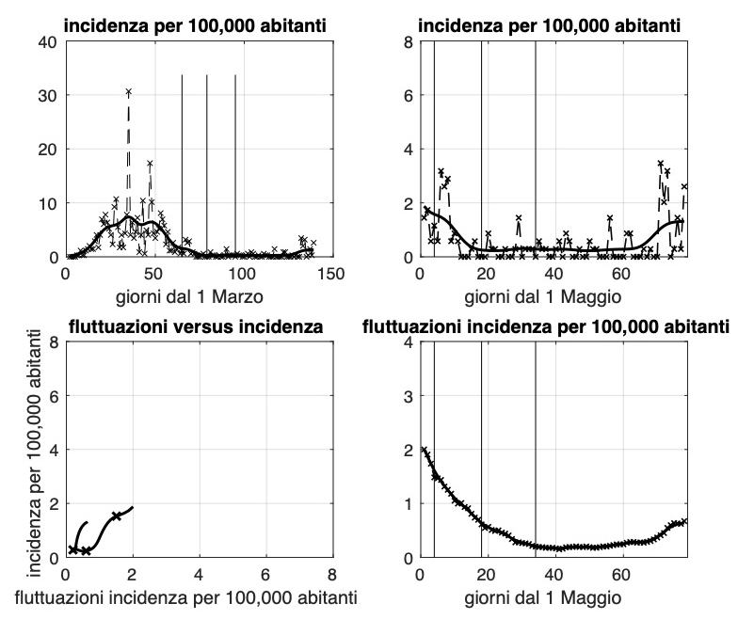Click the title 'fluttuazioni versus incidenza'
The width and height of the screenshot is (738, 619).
tap(197, 327)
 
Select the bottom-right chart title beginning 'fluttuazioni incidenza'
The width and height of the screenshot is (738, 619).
tap(546, 327)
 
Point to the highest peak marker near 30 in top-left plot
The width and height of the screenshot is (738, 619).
tap(128, 91)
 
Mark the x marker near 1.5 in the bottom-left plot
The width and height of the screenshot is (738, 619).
tap(116, 516)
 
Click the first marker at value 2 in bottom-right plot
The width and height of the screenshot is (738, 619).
tap(424, 451)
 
